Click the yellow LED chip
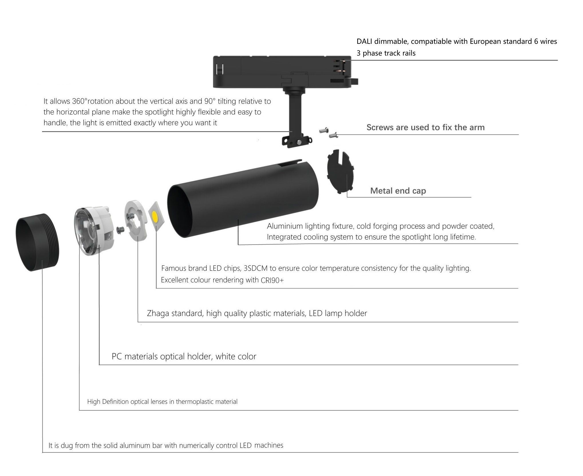coord(155,217)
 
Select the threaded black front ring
coord(37,242)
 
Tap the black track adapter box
coord(285,72)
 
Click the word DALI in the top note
coord(364,42)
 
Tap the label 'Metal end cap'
coord(398,191)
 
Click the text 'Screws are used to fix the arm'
coord(426,127)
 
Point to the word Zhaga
coord(158,314)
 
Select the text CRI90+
coord(272,280)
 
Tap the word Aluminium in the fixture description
coord(285,226)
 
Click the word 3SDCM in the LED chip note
coord(256,268)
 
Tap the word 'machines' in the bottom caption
coord(269,445)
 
